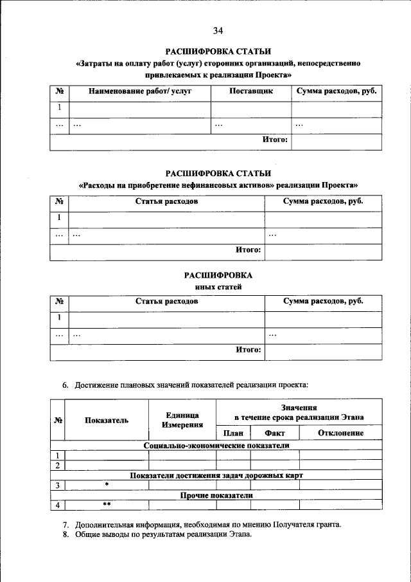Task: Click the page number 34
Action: pyautogui.click(x=218, y=30)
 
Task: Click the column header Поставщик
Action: pyautogui.click(x=251, y=91)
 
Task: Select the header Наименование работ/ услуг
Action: pyautogui.click(x=141, y=91)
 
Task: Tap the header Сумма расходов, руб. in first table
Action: pyautogui.click(x=335, y=91)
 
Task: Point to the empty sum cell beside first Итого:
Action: pyautogui.click(x=334, y=141)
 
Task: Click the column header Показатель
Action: pyautogui.click(x=107, y=420)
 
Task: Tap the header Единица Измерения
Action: pyautogui.click(x=182, y=420)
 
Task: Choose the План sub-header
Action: pyautogui.click(x=232, y=433)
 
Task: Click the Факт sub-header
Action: pyautogui.click(x=274, y=433)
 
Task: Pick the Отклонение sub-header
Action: pyautogui.click(x=340, y=433)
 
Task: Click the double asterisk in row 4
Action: pyautogui.click(x=107, y=505)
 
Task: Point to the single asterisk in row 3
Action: pyautogui.click(x=107, y=485)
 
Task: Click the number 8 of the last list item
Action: pyautogui.click(x=66, y=535)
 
